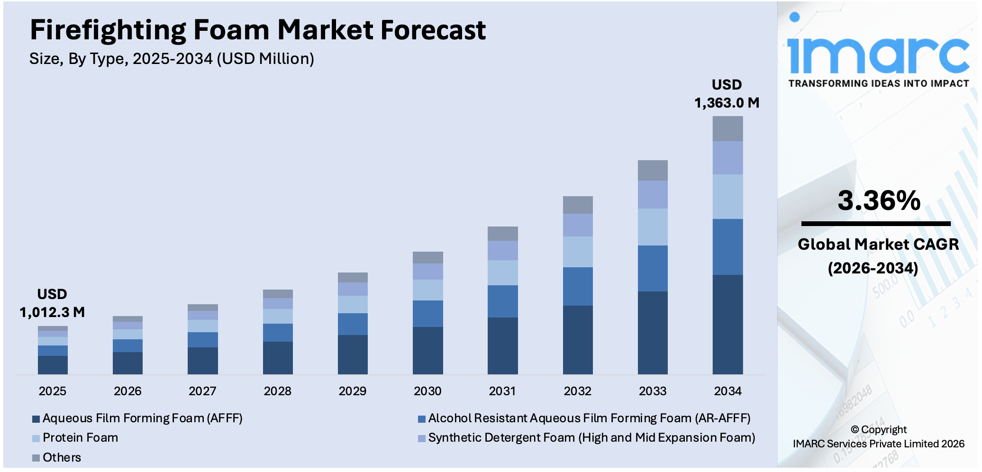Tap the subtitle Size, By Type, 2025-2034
tap(171, 59)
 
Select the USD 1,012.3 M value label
tap(52, 303)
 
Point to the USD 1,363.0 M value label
tap(727, 94)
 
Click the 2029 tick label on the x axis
tap(352, 391)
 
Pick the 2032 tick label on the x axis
tap(577, 391)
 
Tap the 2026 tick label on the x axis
tap(127, 391)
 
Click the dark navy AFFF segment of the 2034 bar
tap(727, 324)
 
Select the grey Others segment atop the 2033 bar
tap(653, 170)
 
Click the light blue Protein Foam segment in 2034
tap(727, 197)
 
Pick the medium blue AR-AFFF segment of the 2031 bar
tap(502, 301)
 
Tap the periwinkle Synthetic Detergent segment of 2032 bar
tap(577, 225)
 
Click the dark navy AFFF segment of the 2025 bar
tap(53, 365)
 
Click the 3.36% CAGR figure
tap(879, 200)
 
